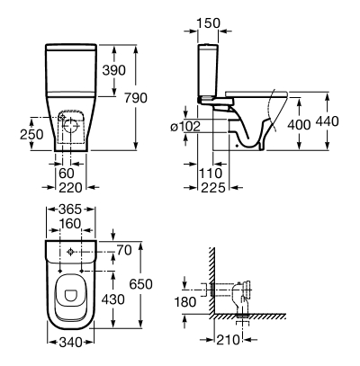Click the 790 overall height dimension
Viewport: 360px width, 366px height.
pyautogui.click(x=136, y=98)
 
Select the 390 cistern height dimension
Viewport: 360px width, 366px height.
pyautogui.click(x=114, y=70)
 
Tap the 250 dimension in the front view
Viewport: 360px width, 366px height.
pyautogui.click(x=31, y=134)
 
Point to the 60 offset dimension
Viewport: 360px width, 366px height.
pyautogui.click(x=67, y=174)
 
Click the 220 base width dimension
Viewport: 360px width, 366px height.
pyautogui.click(x=70, y=188)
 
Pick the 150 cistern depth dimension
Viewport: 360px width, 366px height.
pyautogui.click(x=209, y=23)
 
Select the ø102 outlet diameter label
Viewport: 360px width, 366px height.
pyautogui.click(x=185, y=127)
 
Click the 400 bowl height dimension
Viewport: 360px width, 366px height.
pyautogui.click(x=299, y=125)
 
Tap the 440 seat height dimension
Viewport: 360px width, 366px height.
pyautogui.click(x=328, y=121)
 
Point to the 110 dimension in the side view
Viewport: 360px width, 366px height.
pyautogui.click(x=211, y=174)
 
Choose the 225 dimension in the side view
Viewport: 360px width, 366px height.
pyautogui.click(x=213, y=188)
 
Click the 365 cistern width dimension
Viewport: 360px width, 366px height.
pyautogui.click(x=70, y=210)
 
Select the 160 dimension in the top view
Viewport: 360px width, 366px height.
pyautogui.click(x=70, y=224)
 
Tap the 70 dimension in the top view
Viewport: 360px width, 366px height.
pyautogui.click(x=124, y=250)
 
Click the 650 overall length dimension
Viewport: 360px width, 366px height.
pyautogui.click(x=141, y=284)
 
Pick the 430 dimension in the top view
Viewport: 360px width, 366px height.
pyautogui.click(x=113, y=299)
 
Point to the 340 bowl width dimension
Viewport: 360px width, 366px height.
pyautogui.click(x=70, y=343)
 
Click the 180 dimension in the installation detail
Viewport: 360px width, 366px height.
pyautogui.click(x=185, y=302)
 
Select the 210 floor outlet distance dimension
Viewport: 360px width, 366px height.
pyautogui.click(x=229, y=340)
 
